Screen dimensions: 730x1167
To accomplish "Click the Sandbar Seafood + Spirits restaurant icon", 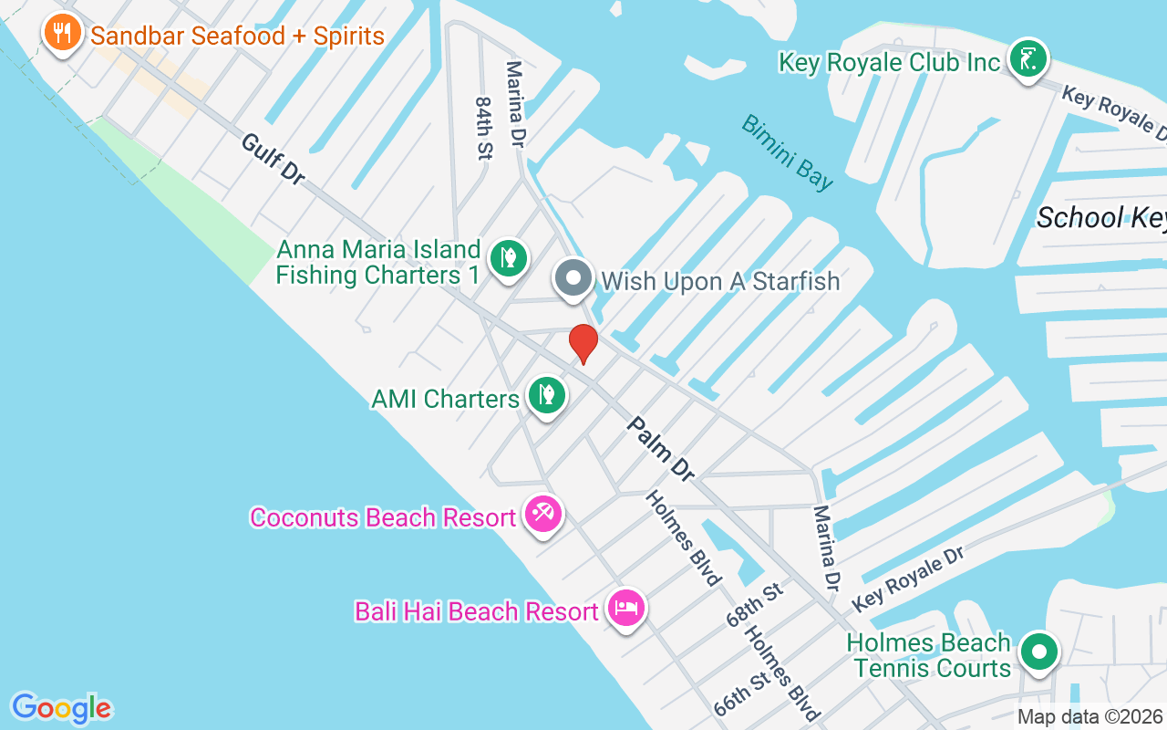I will click(x=61, y=34).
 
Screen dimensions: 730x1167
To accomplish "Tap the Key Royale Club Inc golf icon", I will click(x=1028, y=60).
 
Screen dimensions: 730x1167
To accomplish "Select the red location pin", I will click(x=583, y=343).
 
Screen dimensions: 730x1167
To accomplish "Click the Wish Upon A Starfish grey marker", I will click(x=573, y=278).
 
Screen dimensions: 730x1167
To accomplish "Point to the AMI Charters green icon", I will click(x=546, y=396).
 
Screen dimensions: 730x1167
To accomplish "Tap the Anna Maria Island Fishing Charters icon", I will click(x=509, y=258).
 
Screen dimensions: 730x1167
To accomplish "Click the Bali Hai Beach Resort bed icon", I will click(x=625, y=609).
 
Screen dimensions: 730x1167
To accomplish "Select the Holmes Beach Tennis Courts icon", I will click(x=1038, y=652).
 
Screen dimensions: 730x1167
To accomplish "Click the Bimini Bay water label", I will click(x=787, y=152).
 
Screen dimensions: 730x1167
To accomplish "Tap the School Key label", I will click(x=1101, y=217).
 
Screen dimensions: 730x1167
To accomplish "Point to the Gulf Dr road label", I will click(x=274, y=159).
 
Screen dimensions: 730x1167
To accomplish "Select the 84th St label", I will click(x=483, y=129).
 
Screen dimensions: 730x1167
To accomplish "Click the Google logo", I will click(x=61, y=707).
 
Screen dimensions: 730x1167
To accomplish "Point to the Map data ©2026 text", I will click(x=1090, y=716).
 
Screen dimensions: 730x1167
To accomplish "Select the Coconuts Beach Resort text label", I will click(x=383, y=517).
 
